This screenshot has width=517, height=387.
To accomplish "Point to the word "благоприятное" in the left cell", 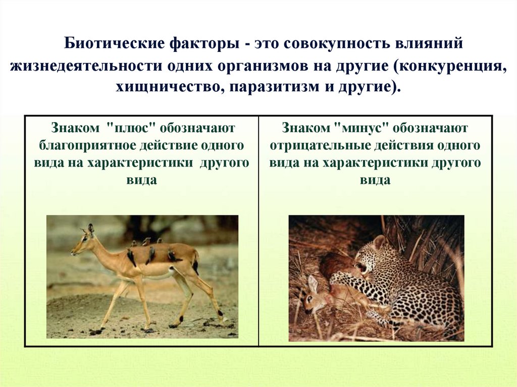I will [x=79, y=145].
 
